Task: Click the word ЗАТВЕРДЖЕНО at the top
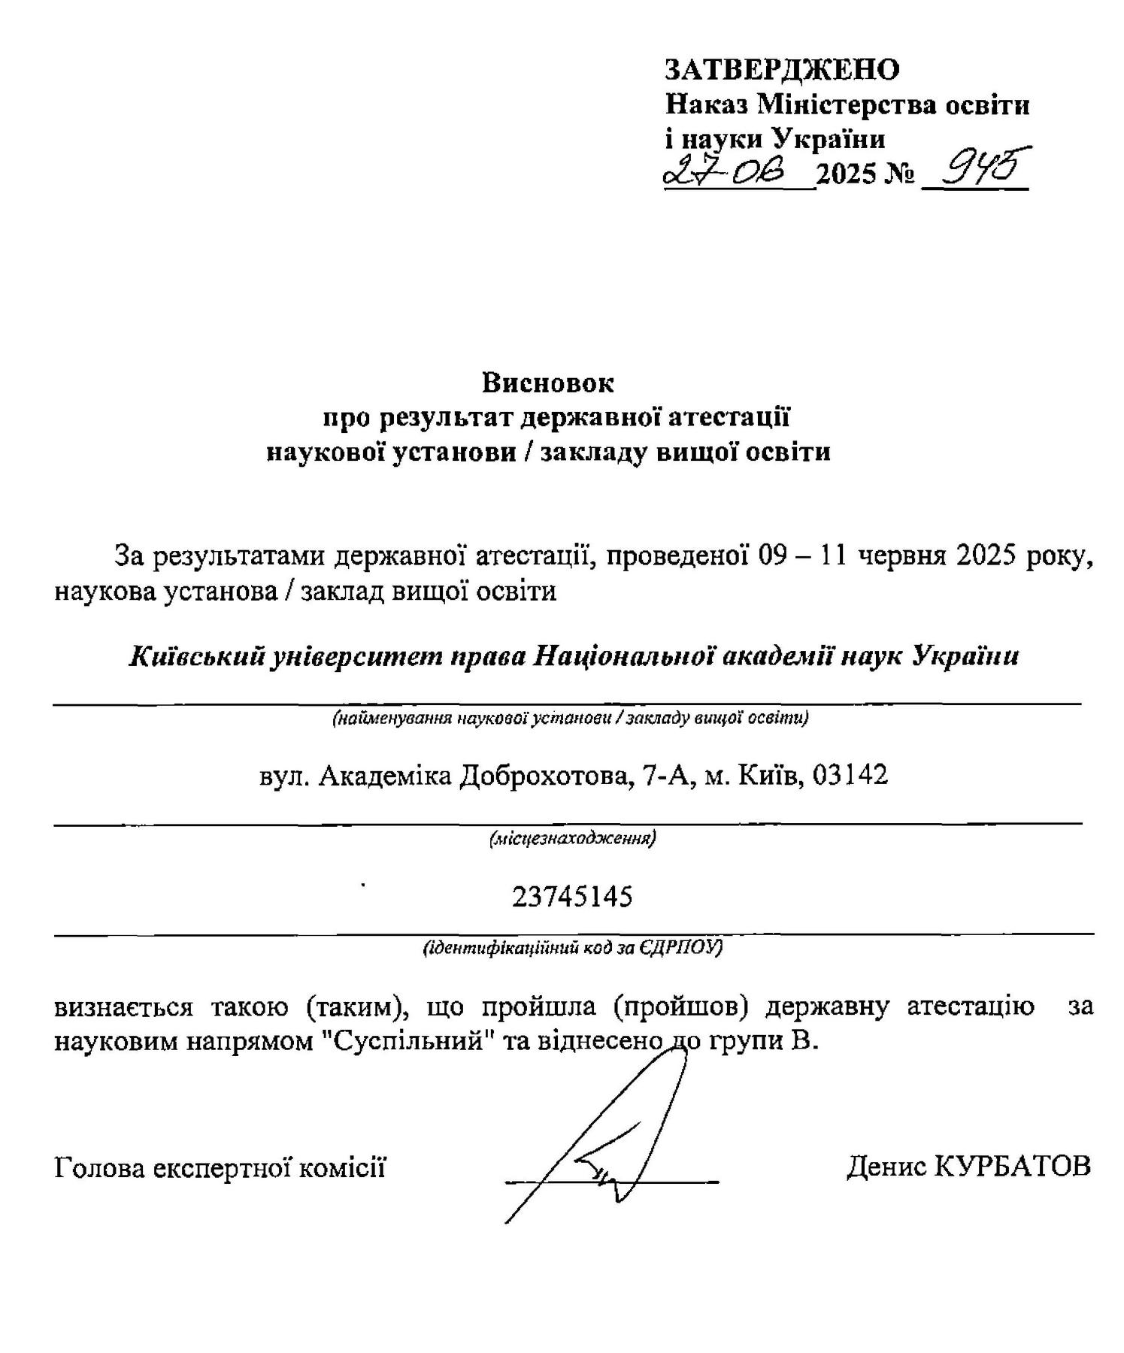coord(782,70)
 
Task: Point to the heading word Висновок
coord(548,383)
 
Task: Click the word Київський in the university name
coord(198,656)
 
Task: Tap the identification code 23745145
coord(572,897)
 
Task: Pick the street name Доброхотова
coord(543,775)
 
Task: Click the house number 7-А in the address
coord(665,774)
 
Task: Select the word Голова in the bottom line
coord(97,1168)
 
